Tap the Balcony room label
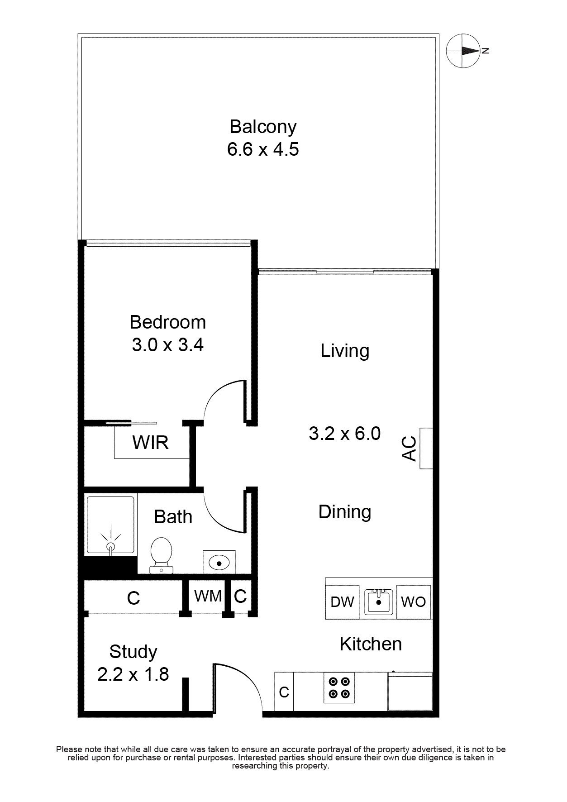(263, 127)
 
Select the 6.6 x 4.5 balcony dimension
(263, 149)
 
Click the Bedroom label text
(167, 322)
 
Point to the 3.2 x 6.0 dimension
(345, 434)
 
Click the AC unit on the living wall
(426, 448)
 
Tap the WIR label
(150, 442)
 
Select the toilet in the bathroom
(161, 555)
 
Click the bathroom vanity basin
(219, 563)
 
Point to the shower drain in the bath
(110, 547)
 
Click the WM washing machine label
(208, 596)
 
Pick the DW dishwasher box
(342, 602)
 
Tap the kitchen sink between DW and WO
(379, 601)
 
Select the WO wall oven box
(414, 602)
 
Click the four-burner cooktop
(339, 687)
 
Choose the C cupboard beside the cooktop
(284, 692)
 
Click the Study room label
(133, 652)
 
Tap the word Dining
(345, 512)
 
